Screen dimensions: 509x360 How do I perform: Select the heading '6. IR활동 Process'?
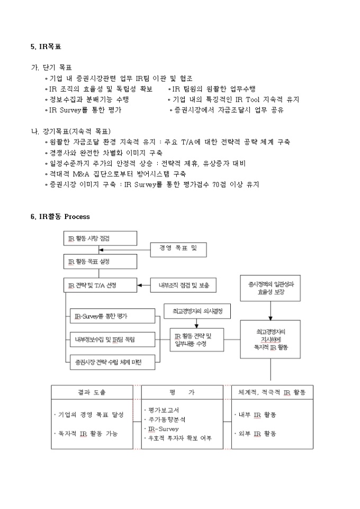click(x=60, y=216)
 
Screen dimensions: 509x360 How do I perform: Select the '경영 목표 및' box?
click(x=178, y=248)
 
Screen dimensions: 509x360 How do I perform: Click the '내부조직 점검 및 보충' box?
click(x=183, y=285)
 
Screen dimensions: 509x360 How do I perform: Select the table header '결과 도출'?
click(x=96, y=392)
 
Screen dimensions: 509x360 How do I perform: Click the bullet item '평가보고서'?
click(x=164, y=410)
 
